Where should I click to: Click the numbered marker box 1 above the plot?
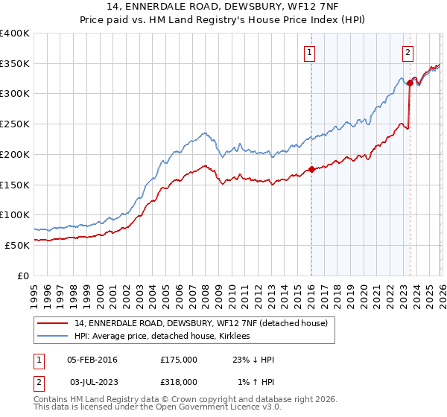coord(309,52)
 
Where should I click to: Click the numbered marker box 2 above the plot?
coord(409,52)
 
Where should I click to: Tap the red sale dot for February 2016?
coord(311,169)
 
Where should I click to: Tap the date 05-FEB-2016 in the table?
coord(92,360)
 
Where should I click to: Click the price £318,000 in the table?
coord(179,382)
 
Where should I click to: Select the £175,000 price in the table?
coord(179,360)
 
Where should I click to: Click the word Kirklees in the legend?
coord(234,337)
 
